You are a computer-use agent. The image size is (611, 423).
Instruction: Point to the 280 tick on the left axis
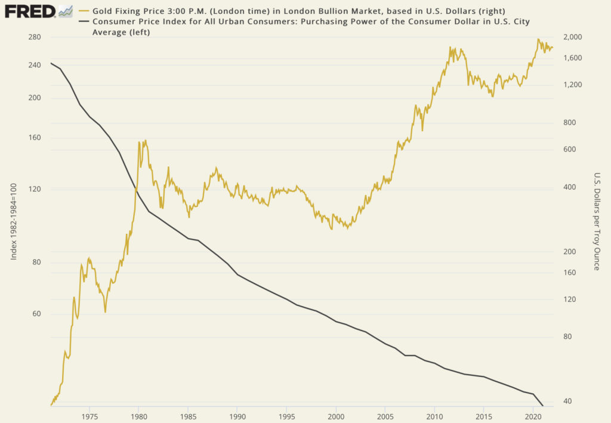34,38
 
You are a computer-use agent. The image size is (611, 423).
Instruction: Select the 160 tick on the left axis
34,138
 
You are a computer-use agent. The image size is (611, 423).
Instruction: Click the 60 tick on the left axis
36,314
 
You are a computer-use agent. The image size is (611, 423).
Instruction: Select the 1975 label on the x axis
90,415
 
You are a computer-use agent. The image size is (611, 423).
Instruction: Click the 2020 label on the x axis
533,415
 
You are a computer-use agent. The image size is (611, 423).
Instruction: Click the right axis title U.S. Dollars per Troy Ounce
596,221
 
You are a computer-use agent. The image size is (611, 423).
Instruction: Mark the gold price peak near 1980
140,142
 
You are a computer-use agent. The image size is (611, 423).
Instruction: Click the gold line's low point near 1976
105,311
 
